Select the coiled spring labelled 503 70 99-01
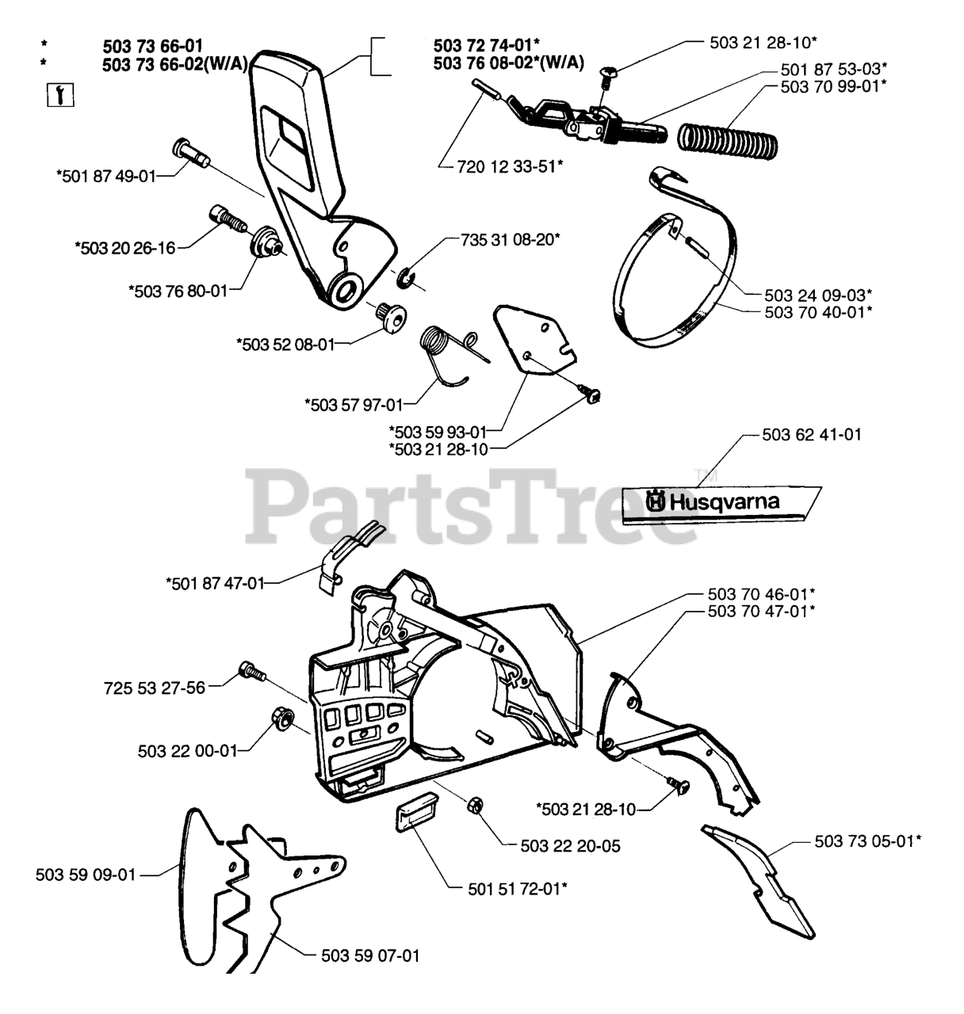pos(728,138)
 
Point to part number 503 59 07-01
pos(369,956)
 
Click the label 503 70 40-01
pos(819,311)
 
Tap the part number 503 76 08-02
pos(508,64)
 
